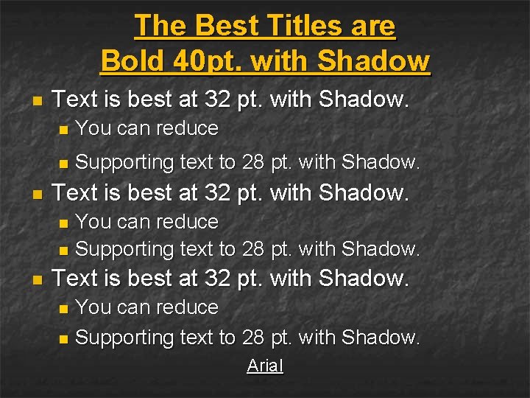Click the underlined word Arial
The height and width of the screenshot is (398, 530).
(265, 366)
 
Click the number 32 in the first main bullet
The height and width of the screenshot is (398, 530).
(217, 99)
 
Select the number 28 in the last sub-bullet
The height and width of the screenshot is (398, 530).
(252, 338)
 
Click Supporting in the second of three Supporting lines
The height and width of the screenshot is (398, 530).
(123, 250)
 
